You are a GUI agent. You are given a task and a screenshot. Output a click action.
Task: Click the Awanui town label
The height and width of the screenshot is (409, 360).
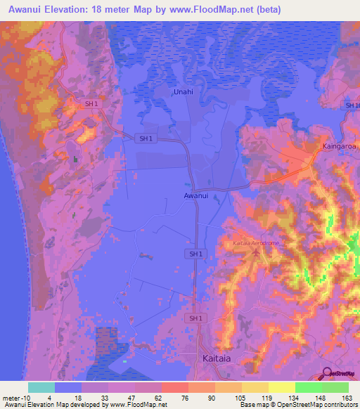tap(196, 196)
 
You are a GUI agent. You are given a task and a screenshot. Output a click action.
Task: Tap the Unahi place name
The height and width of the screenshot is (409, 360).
tap(184, 91)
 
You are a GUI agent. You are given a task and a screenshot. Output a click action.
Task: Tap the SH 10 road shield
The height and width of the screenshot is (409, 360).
tap(352, 105)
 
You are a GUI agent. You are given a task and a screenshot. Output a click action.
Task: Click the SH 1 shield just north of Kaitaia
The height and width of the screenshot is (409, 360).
tap(196, 318)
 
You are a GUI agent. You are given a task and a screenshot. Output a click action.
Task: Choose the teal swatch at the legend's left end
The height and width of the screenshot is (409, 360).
tap(41, 387)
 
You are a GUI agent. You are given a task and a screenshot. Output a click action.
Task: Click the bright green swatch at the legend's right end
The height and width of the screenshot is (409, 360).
tap(335, 387)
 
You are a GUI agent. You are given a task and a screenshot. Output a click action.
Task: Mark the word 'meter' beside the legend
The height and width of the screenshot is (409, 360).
tap(10, 397)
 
